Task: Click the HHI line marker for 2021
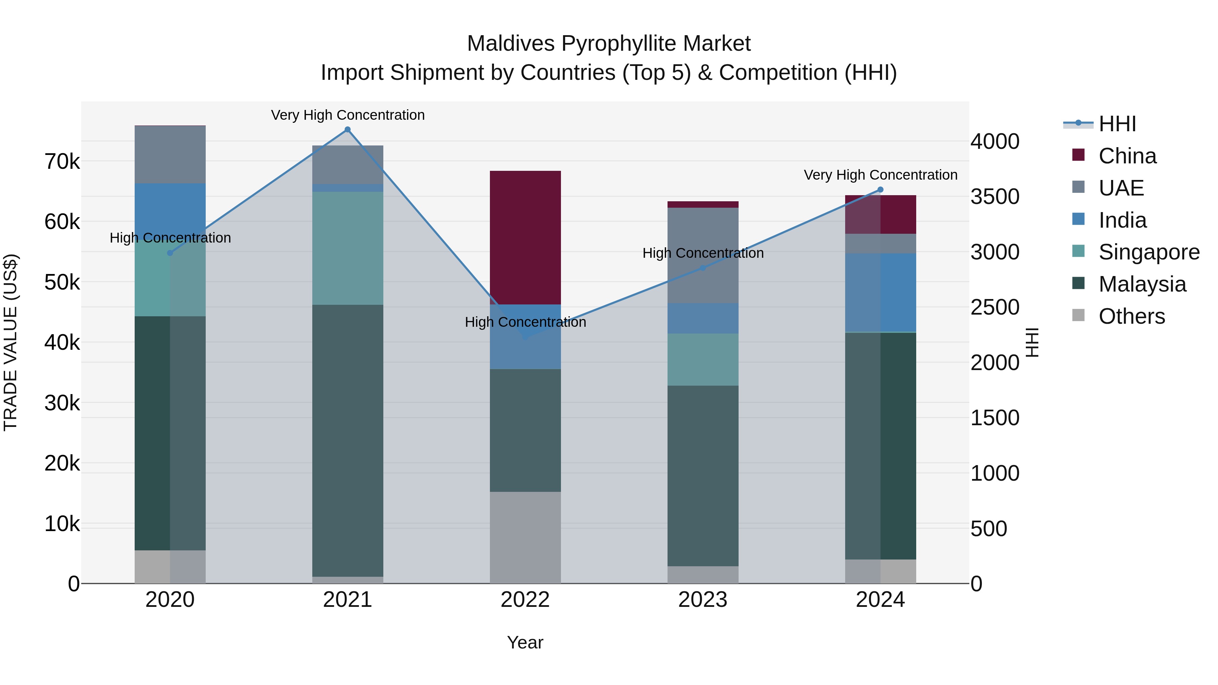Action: (x=347, y=130)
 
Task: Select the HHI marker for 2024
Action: (x=880, y=189)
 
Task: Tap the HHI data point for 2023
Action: (x=703, y=268)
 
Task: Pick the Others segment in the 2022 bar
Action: (x=525, y=538)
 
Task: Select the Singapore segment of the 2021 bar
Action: (x=347, y=248)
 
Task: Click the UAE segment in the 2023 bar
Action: (x=703, y=255)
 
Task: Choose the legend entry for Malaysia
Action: (x=1142, y=284)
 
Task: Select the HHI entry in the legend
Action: (x=1117, y=124)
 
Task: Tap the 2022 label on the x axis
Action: (x=525, y=600)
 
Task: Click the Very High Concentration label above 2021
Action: (x=347, y=115)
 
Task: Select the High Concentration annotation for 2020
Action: (x=170, y=238)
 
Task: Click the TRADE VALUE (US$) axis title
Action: (x=10, y=342)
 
